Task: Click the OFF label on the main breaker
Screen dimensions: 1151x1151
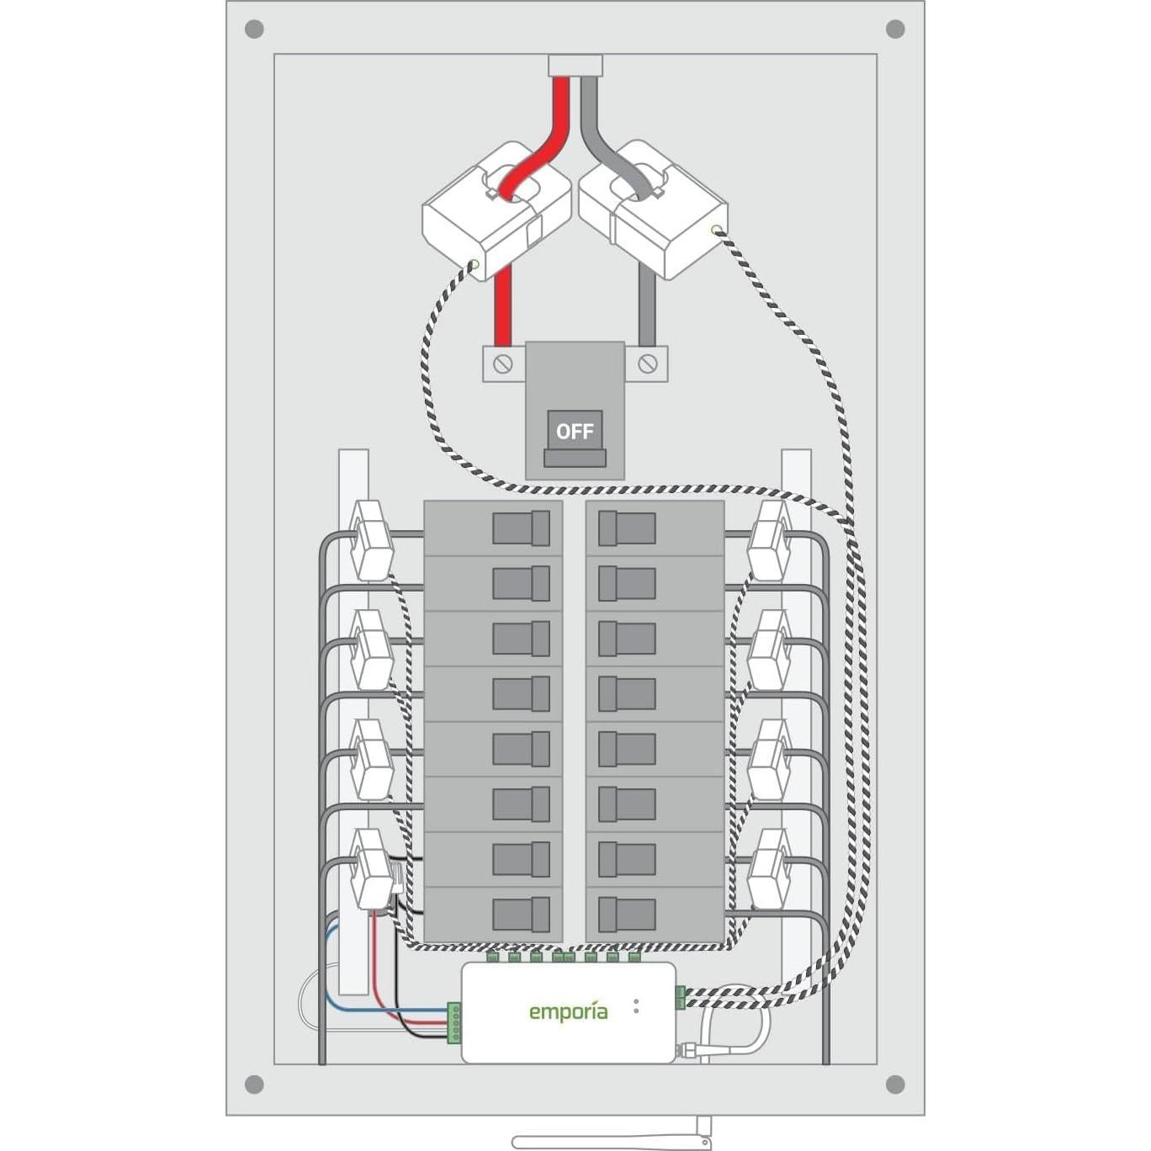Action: (575, 432)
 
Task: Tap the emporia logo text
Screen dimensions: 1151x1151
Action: (568, 1012)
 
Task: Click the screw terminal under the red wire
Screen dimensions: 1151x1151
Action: (503, 364)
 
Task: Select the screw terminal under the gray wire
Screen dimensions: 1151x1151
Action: (647, 363)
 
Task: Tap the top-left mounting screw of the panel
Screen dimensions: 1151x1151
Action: (254, 29)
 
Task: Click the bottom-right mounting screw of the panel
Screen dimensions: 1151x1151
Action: (895, 1084)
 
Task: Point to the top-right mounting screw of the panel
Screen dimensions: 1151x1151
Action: (895, 29)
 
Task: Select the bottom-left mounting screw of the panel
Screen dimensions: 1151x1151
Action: (254, 1084)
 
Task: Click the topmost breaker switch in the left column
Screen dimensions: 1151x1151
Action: (521, 528)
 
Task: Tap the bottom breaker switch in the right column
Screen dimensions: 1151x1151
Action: (627, 914)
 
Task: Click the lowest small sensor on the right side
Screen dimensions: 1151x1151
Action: (769, 868)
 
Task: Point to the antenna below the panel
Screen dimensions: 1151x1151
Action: (613, 1140)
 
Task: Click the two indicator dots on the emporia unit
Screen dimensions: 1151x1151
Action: (636, 1005)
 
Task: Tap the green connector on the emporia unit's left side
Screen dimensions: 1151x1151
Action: (454, 1022)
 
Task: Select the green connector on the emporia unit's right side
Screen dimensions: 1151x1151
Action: (680, 997)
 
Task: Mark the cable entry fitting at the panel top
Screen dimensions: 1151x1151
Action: (575, 66)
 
